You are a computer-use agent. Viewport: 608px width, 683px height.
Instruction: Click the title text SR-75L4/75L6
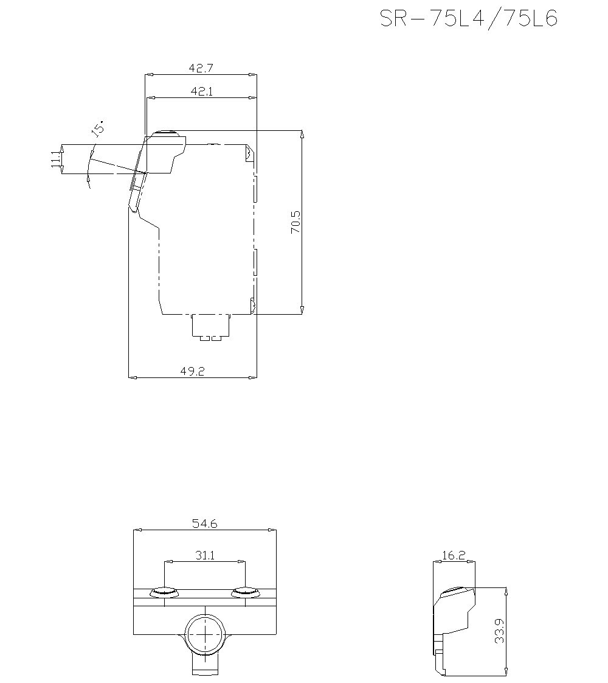468,19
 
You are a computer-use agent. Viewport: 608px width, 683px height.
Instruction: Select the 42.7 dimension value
201,68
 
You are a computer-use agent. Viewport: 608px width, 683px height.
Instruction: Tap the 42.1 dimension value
201,91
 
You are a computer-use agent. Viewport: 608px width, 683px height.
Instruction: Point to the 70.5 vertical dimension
295,223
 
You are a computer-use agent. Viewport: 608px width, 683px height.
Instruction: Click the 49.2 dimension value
193,371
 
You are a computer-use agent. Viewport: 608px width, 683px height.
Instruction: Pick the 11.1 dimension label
55,159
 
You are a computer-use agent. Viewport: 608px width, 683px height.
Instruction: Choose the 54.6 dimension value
205,523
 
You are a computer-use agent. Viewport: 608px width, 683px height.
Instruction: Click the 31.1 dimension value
205,555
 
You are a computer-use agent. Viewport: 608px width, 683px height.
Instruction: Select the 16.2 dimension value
454,555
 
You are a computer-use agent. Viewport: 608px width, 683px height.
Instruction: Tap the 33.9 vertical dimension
499,632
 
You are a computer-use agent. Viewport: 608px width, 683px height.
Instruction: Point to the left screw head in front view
165,592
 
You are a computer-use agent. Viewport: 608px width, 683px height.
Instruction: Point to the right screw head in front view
245,592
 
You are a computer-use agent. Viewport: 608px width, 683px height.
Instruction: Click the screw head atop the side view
165,133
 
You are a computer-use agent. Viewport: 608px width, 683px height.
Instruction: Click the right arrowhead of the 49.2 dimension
254,377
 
